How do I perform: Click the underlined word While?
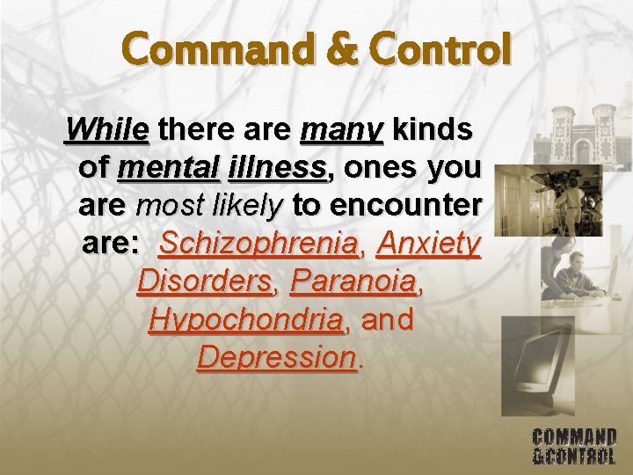pyautogui.click(x=106, y=131)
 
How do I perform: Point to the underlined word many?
pyautogui.click(x=341, y=131)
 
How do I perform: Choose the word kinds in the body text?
pyautogui.click(x=433, y=131)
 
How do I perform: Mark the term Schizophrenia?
pyautogui.click(x=261, y=244)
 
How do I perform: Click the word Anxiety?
pyautogui.click(x=428, y=244)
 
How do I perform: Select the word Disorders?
pyautogui.click(x=205, y=282)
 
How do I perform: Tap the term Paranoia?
pyautogui.click(x=353, y=282)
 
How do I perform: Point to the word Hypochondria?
pyautogui.click(x=246, y=320)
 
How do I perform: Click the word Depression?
pyautogui.click(x=277, y=358)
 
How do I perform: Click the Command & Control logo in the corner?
pyautogui.click(x=574, y=445)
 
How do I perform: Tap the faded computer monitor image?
pyautogui.click(x=537, y=361)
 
